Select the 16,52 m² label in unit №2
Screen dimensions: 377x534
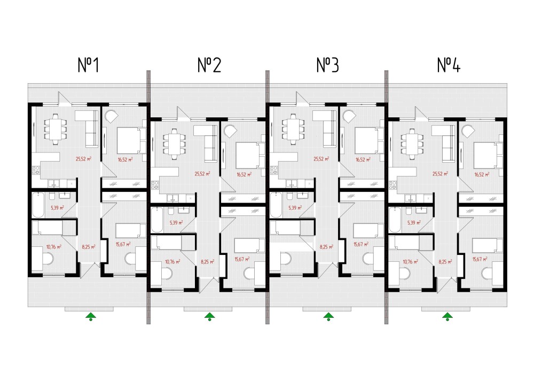click(x=244, y=174)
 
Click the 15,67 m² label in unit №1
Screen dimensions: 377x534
click(x=123, y=244)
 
